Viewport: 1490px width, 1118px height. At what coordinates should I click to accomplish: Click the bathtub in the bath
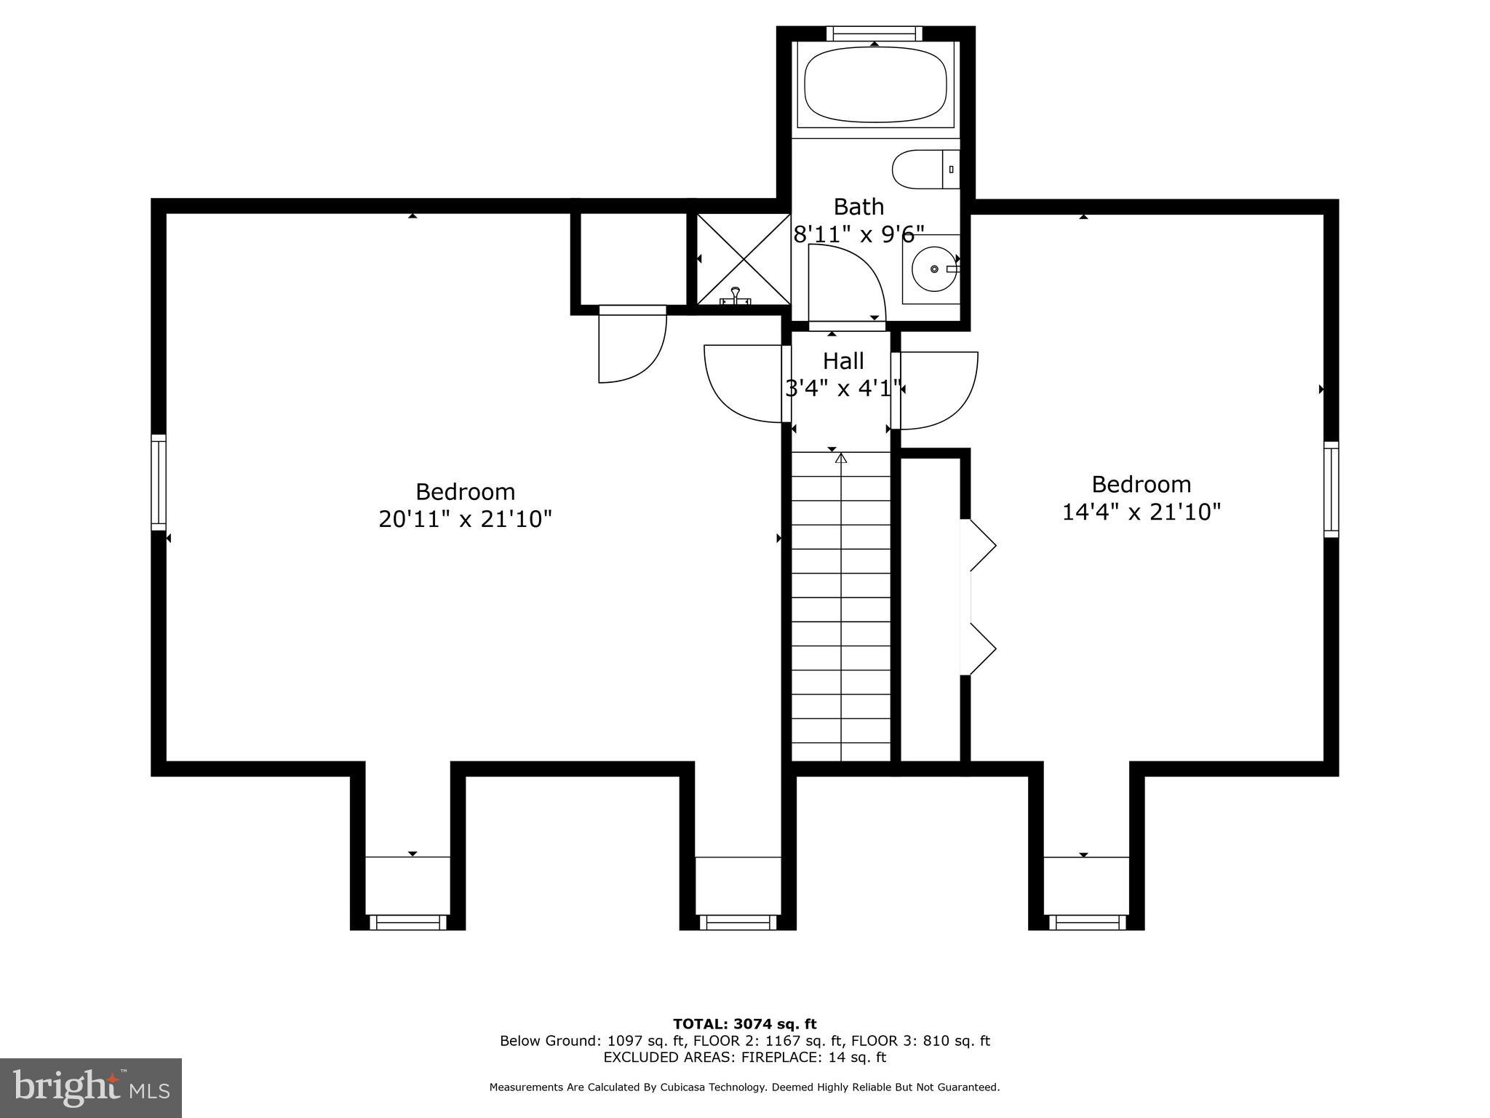click(x=875, y=84)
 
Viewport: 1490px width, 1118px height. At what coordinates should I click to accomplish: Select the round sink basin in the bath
click(x=933, y=269)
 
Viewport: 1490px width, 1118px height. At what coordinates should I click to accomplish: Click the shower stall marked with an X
click(x=743, y=258)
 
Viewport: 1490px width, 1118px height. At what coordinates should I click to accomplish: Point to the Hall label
click(x=843, y=361)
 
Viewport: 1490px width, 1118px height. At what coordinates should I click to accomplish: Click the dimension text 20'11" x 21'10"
click(x=465, y=520)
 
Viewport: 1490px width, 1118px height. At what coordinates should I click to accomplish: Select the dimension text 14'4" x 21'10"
click(x=1141, y=512)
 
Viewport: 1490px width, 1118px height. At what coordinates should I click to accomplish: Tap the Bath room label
click(x=858, y=207)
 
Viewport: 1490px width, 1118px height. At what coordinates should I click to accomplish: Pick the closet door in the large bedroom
click(x=632, y=344)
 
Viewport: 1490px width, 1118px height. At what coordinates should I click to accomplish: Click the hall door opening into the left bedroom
click(x=744, y=384)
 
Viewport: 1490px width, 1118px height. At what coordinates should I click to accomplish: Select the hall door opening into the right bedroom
click(x=937, y=391)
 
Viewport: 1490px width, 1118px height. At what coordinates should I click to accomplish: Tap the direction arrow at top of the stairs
click(x=841, y=459)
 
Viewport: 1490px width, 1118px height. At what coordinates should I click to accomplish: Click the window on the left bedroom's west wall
click(x=159, y=482)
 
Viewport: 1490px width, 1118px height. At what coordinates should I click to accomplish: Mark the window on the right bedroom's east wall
click(x=1331, y=489)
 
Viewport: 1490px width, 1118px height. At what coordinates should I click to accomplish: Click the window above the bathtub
click(x=874, y=33)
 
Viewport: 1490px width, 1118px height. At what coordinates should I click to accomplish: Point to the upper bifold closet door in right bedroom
click(x=979, y=545)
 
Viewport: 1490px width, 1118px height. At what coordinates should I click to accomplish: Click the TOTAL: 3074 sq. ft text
click(x=744, y=1024)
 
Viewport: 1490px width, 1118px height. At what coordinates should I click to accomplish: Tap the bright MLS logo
click(x=91, y=1087)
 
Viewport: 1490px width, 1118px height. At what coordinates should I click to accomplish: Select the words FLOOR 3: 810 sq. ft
click(x=920, y=1041)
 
